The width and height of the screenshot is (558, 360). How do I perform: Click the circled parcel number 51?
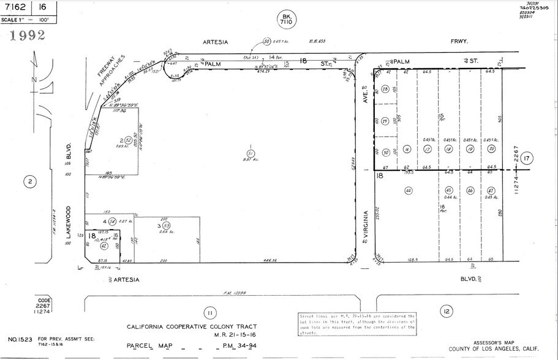point(250,152)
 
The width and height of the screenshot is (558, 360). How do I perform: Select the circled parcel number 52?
point(129,140)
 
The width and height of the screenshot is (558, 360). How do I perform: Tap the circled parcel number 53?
point(149,226)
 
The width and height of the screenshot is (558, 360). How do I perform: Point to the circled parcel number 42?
point(104,246)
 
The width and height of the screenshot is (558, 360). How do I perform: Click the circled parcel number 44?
point(408,190)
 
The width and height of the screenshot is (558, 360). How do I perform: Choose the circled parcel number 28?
point(385,89)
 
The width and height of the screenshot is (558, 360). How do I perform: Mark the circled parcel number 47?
point(491,191)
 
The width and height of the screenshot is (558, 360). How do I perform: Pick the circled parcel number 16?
point(407,149)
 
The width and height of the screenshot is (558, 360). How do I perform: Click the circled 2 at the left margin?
point(28,181)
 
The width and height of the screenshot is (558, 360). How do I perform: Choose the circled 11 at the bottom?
point(209,313)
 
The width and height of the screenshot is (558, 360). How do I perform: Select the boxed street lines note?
point(356,322)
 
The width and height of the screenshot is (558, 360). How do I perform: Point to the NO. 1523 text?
point(20,339)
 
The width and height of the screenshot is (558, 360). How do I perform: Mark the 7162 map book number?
point(17,7)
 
